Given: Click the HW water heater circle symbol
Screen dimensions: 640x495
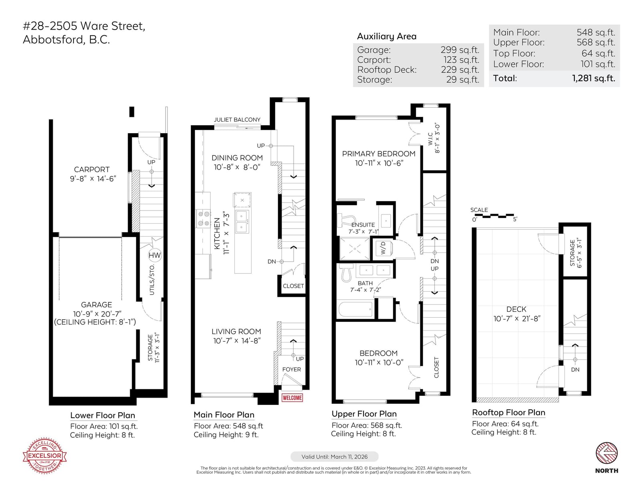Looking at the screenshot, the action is tap(155, 255).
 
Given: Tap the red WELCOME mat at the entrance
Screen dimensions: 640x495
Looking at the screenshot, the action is tap(292, 398).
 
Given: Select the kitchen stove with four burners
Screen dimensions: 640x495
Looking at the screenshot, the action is tap(203, 218).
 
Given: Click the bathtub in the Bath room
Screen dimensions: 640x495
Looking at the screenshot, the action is tap(356, 309).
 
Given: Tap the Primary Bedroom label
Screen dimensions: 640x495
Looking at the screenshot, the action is tap(378, 154).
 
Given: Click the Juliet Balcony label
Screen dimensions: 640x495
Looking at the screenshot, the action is tap(237, 120).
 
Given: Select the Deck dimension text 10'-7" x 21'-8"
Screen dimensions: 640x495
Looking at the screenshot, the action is tap(517, 319).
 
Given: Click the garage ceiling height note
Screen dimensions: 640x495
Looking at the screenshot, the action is tap(95, 322).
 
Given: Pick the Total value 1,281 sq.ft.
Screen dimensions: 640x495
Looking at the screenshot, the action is tap(594, 78).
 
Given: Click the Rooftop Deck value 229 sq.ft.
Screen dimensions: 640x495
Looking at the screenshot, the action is tap(460, 70).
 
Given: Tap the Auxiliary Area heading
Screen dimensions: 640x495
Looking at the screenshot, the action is tap(387, 36).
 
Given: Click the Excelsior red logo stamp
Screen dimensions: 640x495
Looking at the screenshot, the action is tap(44, 455).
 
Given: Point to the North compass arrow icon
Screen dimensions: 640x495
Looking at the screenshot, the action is tap(607, 453).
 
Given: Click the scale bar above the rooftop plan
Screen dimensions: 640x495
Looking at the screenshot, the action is tap(494, 216).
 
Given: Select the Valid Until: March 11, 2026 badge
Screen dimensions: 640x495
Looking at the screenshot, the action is tap(334, 457).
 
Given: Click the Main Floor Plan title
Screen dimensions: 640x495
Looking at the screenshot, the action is tap(224, 415).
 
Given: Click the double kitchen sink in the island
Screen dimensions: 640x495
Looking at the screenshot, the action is tap(242, 222).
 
